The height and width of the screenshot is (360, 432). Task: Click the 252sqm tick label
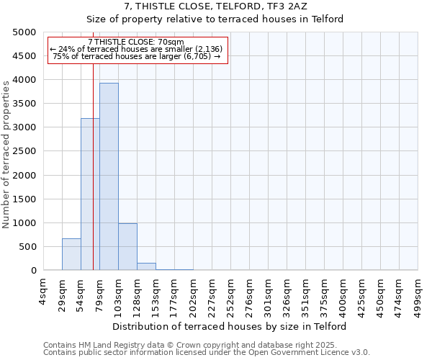pos(230,294)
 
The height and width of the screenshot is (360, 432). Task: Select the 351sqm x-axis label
pos(305,294)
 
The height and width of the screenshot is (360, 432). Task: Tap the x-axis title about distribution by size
pos(230,326)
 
